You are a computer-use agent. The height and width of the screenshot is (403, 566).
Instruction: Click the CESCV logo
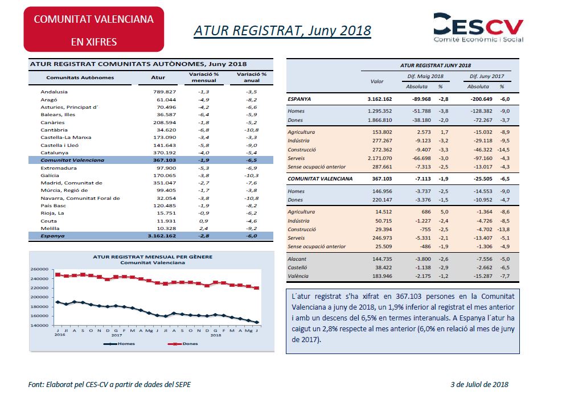click(x=478, y=28)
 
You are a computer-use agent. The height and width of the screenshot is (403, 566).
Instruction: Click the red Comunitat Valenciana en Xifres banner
click(x=94, y=29)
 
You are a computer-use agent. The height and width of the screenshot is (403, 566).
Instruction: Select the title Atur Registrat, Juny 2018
click(x=282, y=31)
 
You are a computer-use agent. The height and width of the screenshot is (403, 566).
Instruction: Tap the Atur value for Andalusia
click(x=165, y=92)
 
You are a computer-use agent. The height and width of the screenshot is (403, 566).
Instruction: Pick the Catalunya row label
click(x=54, y=153)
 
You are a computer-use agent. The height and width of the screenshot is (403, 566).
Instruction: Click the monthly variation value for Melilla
click(x=204, y=228)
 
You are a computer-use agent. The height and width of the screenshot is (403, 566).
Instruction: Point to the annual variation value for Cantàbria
click(x=251, y=130)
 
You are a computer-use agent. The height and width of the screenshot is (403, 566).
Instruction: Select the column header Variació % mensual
click(x=204, y=77)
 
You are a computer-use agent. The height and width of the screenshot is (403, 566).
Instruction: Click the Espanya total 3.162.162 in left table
click(x=162, y=236)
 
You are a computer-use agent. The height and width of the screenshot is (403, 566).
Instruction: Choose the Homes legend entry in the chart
click(x=119, y=344)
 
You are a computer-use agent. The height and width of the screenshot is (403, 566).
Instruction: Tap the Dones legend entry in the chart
click(x=183, y=344)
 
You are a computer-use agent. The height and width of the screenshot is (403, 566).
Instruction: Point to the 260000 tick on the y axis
click(x=39, y=269)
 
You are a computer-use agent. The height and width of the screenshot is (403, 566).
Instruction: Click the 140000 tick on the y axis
click(x=39, y=326)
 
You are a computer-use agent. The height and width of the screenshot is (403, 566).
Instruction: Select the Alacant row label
click(x=297, y=259)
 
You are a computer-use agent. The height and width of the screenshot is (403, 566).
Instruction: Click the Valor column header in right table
click(x=377, y=81)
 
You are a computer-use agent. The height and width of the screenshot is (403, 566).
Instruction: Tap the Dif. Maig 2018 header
click(x=425, y=76)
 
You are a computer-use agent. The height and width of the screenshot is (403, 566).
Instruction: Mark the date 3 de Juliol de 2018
click(x=479, y=385)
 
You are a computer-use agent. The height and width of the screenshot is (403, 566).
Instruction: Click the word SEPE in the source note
click(x=183, y=385)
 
